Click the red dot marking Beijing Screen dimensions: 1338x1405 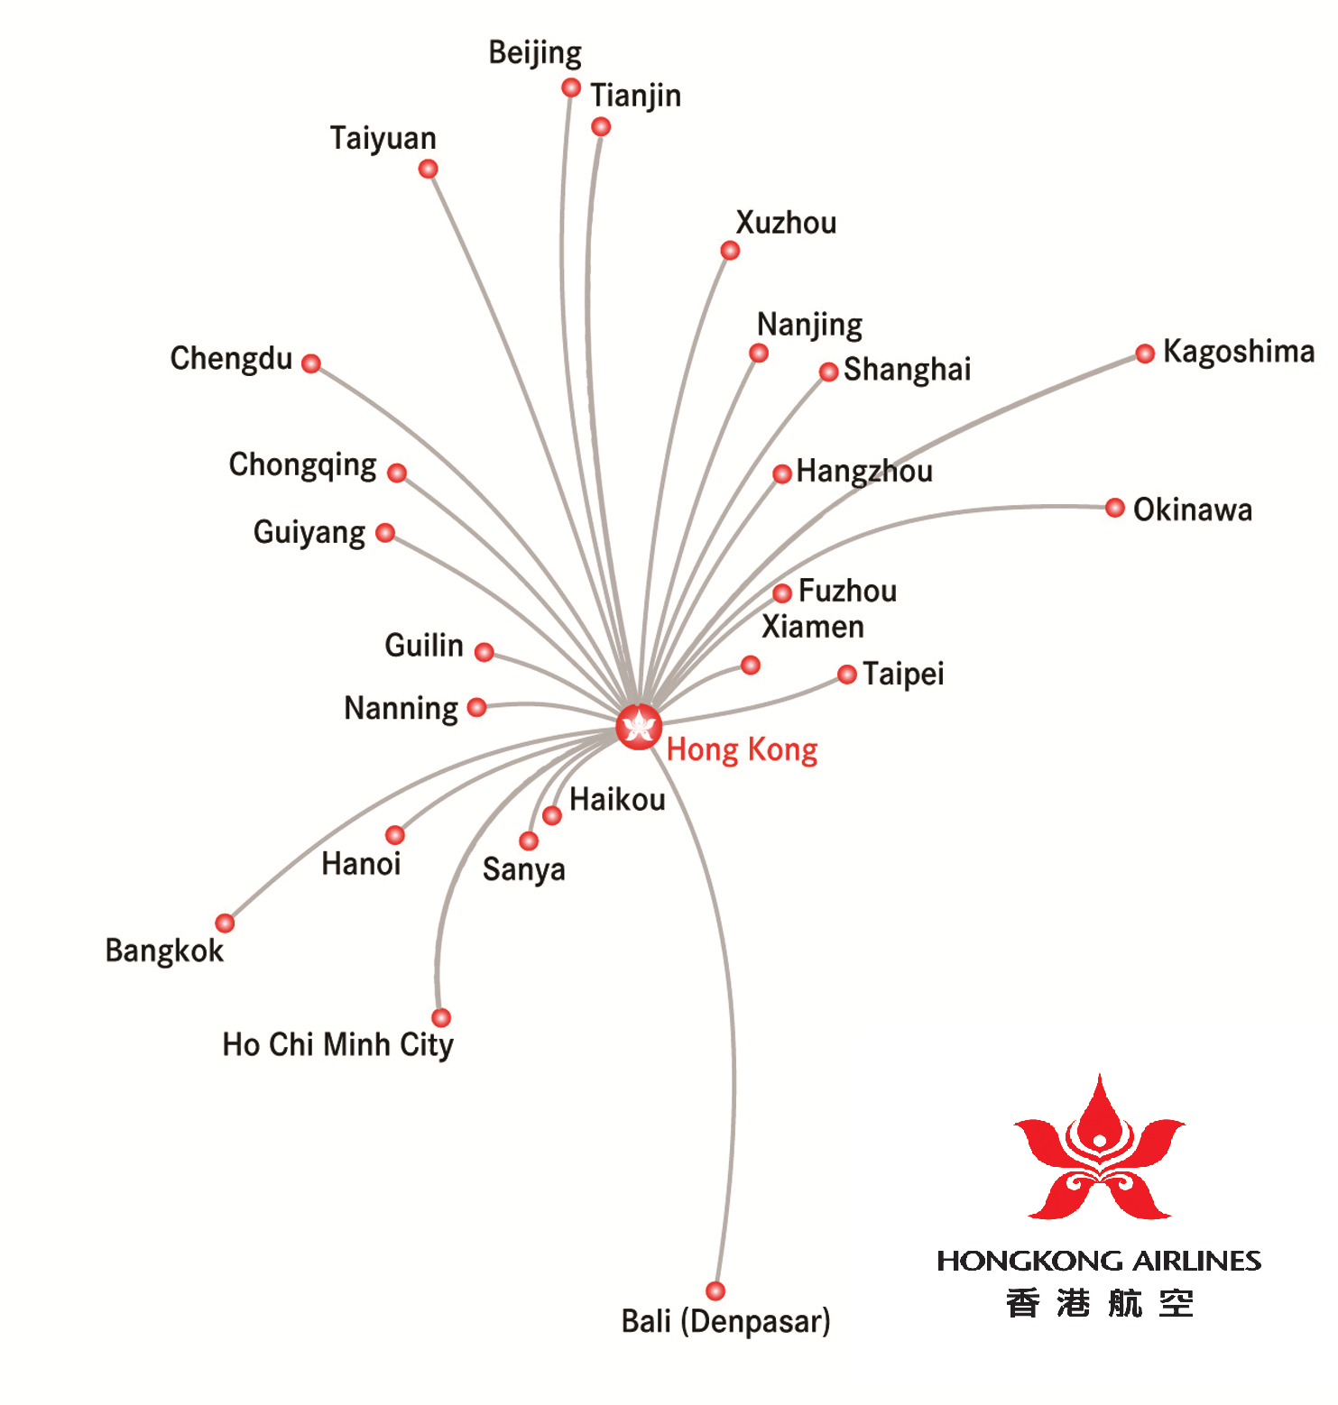pos(570,87)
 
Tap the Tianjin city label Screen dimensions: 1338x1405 pos(635,96)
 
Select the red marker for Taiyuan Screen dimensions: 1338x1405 pos(429,169)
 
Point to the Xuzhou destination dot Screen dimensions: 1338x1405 pos(730,250)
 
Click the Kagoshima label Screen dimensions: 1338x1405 pos(1238,352)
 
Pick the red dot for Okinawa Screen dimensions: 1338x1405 pos(1115,508)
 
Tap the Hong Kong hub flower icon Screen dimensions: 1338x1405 pos(639,726)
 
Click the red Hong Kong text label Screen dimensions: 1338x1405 pos(742,750)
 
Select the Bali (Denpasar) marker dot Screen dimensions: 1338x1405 pos(715,1290)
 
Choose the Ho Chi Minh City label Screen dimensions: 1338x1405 pos(337,1044)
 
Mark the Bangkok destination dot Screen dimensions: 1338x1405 pos(225,923)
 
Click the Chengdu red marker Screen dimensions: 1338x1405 pos(311,363)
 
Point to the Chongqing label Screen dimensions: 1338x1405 pos(302,465)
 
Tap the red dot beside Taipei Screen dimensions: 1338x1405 pos(846,675)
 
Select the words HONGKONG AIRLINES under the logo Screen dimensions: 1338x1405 pos(1099,1261)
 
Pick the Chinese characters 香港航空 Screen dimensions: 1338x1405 pos(1099,1304)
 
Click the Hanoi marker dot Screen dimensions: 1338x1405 pos(395,835)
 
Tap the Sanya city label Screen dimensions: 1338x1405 pos(523,870)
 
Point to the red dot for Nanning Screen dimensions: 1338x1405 pos(477,707)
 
